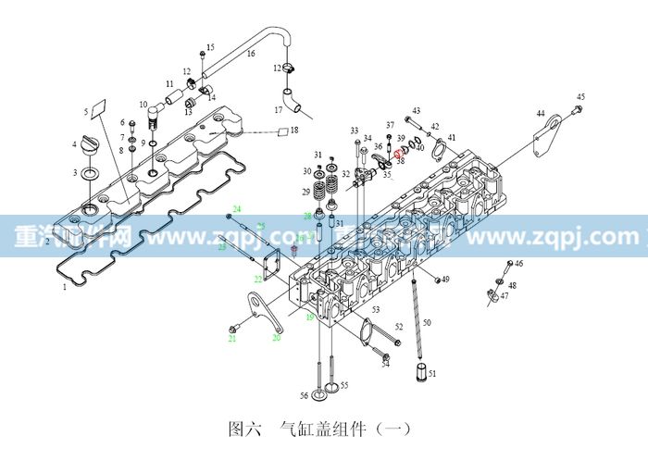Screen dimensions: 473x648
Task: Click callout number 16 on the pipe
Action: point(250,55)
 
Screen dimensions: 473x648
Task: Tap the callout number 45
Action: point(580,97)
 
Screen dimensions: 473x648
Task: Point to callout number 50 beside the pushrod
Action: point(428,322)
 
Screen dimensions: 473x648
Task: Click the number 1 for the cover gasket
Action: point(64,288)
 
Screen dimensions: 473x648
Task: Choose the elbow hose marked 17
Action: point(291,97)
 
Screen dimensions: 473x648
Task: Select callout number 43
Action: point(417,110)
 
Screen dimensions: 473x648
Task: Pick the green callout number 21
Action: point(233,340)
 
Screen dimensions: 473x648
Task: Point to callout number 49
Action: point(446,280)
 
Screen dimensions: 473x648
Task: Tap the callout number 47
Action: point(505,296)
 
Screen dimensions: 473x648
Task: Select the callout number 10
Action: point(143,105)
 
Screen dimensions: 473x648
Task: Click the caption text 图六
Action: point(243,429)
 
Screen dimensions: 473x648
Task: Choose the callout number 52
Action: point(399,327)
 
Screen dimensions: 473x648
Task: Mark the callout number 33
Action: point(354,131)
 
